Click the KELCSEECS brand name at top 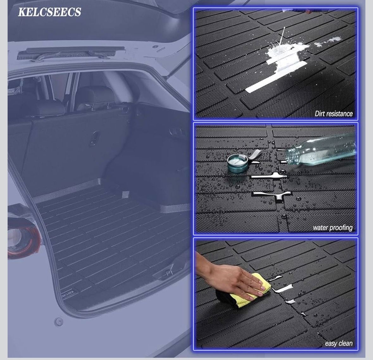(49, 12)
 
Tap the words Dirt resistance (333, 114)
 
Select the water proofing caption (333, 228)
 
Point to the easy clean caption (339, 343)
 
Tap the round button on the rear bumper (58, 322)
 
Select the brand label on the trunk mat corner (68, 293)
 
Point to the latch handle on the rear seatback (96, 138)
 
